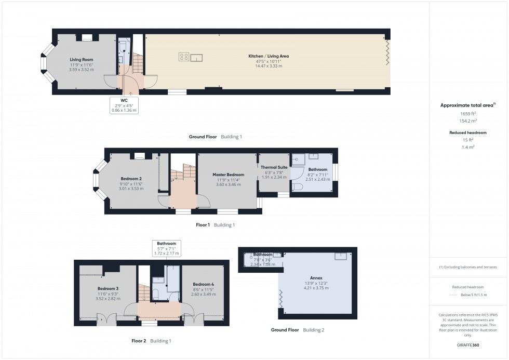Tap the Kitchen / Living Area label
[x=269, y=56]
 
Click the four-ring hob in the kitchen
[x=184, y=57]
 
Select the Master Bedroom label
[x=228, y=175]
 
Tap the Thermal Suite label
[x=274, y=167]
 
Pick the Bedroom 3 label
[x=108, y=288]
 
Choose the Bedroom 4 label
[x=203, y=284]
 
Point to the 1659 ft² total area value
[x=468, y=113]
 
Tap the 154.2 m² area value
[x=468, y=121]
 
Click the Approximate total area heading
[x=467, y=105]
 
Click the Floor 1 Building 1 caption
[x=215, y=225]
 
